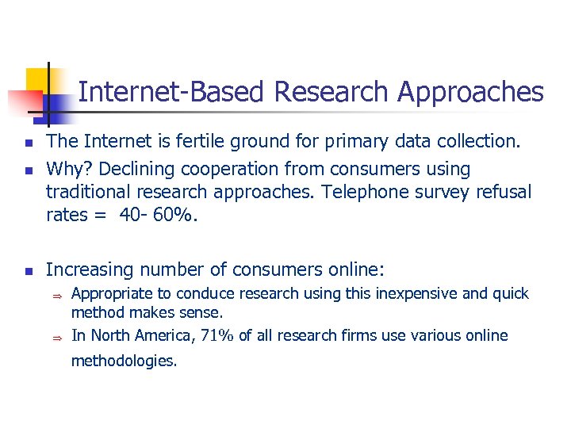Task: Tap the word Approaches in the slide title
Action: (470, 93)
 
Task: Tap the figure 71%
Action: (217, 336)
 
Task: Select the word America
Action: (163, 336)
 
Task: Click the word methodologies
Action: (125, 361)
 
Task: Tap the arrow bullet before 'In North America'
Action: (57, 337)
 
